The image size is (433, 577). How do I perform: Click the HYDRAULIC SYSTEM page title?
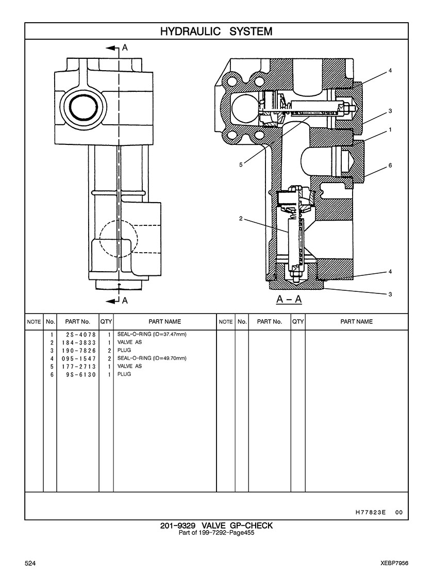click(216, 31)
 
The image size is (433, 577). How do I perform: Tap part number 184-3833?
click(79, 342)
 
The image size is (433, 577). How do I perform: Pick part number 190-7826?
click(79, 351)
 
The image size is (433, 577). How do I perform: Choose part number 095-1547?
click(79, 359)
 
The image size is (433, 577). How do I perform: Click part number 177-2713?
click(79, 367)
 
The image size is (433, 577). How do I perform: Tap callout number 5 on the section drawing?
click(241, 165)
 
